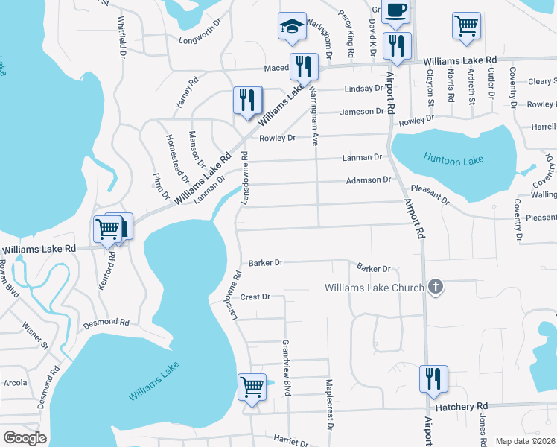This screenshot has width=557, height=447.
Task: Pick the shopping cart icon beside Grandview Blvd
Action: (252, 387)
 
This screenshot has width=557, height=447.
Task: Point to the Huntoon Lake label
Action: (448, 158)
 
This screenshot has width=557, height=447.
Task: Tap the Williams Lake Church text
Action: (375, 288)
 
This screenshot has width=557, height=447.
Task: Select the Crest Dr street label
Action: (254, 297)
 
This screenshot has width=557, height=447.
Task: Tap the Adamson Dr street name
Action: (369, 180)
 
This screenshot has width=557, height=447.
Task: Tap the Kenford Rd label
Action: (112, 271)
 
